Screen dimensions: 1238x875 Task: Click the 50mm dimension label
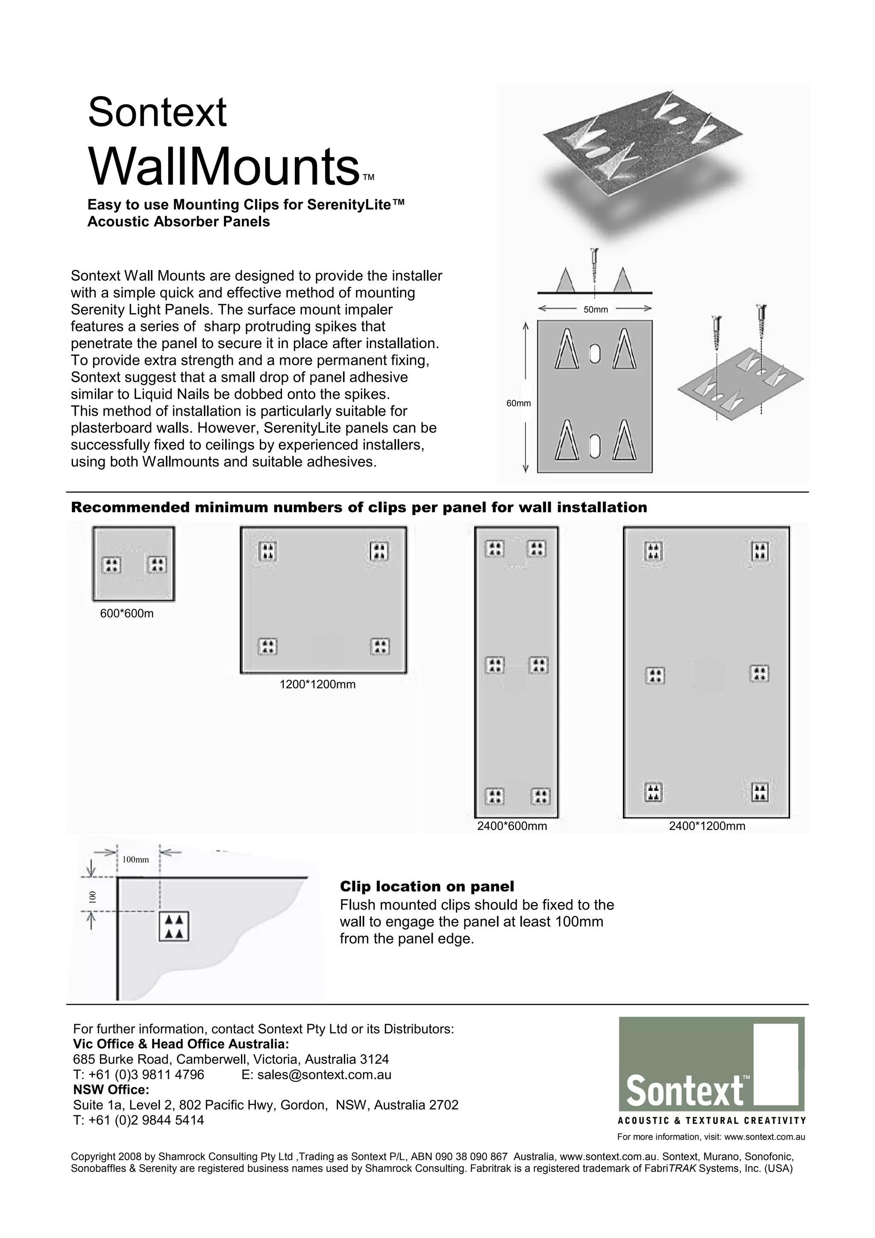coord(595,309)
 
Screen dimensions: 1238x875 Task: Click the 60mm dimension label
coord(518,403)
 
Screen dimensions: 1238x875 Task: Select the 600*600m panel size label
coord(127,613)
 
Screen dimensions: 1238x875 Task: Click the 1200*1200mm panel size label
coord(317,685)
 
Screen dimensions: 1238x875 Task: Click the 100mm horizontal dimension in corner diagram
coord(135,860)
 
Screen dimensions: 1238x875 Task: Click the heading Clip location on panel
coord(426,886)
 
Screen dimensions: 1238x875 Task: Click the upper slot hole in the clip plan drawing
coord(595,353)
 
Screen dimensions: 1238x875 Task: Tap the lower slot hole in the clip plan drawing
coord(595,444)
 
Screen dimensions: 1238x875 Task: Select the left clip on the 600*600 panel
coord(112,565)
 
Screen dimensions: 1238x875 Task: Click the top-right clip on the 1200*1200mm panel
coord(379,551)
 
